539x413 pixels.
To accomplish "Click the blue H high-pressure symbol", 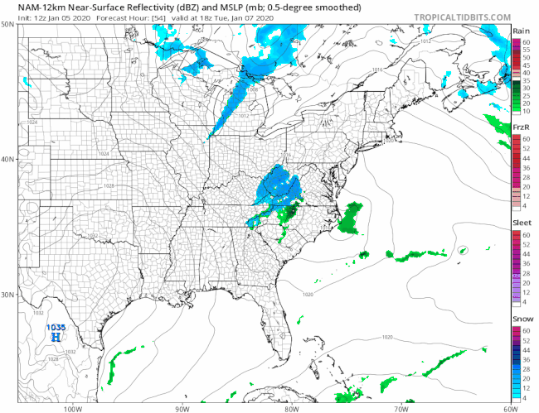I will [x=56, y=338].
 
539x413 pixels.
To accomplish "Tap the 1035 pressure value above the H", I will [x=56, y=328].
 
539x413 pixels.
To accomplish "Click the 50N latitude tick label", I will [x=7, y=25].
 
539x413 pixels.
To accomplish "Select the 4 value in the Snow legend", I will [x=524, y=399].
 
